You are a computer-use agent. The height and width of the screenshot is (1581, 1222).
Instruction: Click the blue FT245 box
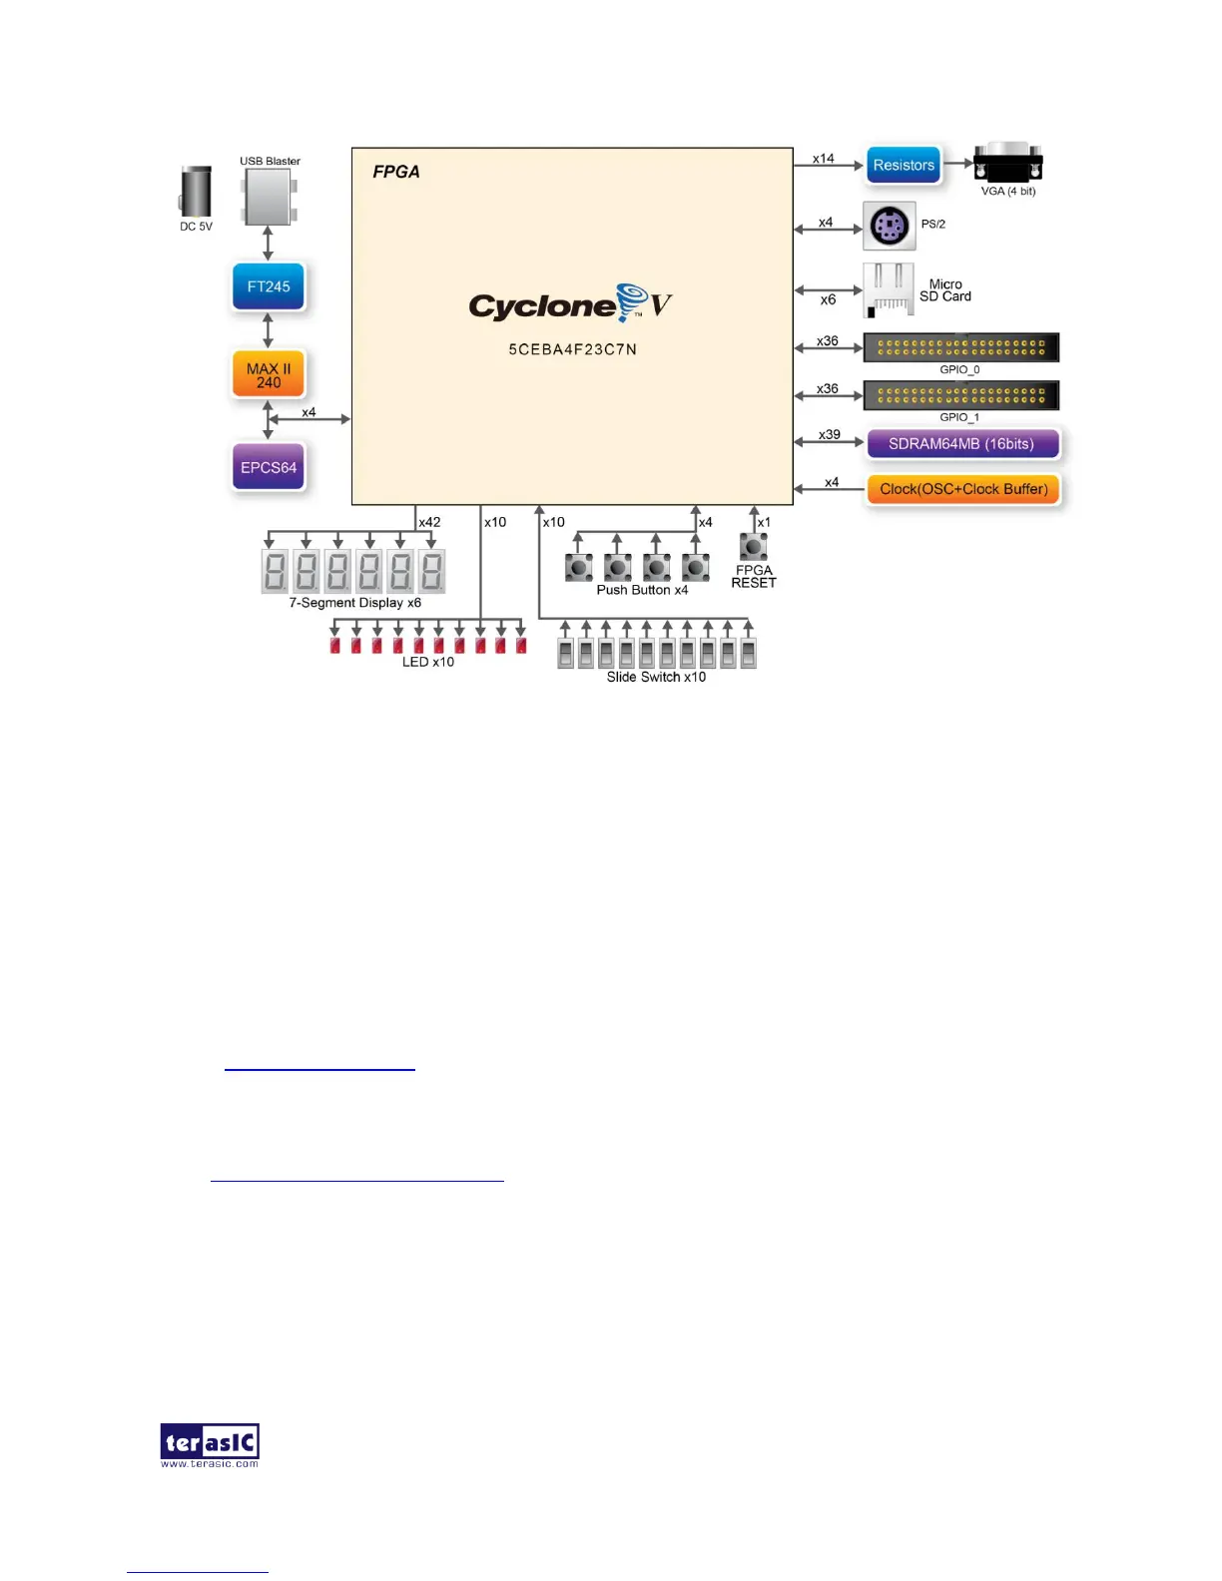tap(269, 287)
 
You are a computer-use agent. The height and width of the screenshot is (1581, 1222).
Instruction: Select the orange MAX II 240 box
tap(269, 374)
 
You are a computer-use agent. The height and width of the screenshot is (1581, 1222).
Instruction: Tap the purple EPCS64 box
tap(269, 467)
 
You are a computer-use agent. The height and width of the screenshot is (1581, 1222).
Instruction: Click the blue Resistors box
tap(904, 166)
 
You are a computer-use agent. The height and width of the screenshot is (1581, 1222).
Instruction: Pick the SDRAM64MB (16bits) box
tap(961, 444)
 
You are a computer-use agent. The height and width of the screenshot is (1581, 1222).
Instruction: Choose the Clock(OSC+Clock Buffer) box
tap(963, 489)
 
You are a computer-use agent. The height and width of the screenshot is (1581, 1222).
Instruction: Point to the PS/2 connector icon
tap(889, 226)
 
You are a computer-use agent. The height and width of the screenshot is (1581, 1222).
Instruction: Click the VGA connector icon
tap(1007, 164)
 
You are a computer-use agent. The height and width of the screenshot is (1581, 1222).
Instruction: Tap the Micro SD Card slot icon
tap(888, 290)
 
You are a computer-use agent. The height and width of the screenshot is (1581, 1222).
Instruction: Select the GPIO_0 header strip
tap(960, 347)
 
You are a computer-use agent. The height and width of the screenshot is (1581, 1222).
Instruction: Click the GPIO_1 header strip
tap(960, 395)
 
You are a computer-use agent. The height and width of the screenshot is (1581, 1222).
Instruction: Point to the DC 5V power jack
tap(197, 192)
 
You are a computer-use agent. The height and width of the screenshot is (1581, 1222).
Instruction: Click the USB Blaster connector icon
tap(269, 197)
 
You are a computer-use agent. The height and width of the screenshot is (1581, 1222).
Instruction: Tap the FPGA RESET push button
tap(753, 546)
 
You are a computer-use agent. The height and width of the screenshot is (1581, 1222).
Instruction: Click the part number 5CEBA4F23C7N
tap(572, 349)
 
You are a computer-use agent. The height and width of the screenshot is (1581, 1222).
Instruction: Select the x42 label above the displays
tap(429, 522)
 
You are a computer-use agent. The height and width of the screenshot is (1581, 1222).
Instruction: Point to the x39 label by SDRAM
tap(829, 435)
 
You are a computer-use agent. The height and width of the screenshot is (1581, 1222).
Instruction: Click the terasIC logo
tap(210, 1444)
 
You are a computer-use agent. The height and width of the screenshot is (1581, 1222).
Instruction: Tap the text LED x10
tap(428, 662)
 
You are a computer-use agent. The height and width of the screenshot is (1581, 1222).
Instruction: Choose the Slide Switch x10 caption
tap(656, 677)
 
